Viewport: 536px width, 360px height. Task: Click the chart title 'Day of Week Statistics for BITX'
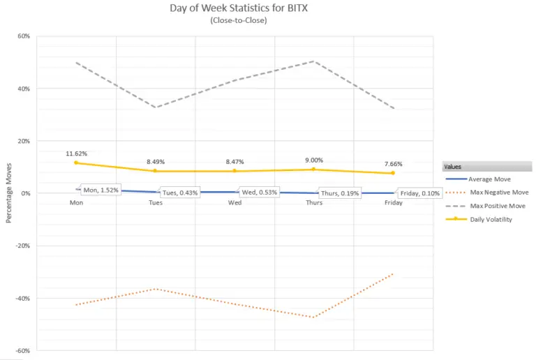[x=267, y=8]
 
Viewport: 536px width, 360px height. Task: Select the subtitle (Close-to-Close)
[x=267, y=21]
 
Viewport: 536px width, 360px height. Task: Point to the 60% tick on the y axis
[x=24, y=36]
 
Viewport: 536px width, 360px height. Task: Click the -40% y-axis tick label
[x=22, y=299]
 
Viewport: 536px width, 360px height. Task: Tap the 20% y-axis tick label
[x=24, y=141]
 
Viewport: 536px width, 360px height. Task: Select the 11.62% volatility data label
[x=77, y=153]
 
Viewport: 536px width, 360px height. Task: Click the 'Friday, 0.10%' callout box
[x=419, y=193]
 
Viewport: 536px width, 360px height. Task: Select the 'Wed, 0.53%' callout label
[x=259, y=193]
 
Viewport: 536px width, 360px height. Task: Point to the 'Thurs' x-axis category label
[x=313, y=203]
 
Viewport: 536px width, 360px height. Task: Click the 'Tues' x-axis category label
[x=156, y=203]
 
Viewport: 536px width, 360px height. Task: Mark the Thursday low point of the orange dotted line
[x=314, y=317]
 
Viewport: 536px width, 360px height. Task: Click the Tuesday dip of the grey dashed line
[x=156, y=107]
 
